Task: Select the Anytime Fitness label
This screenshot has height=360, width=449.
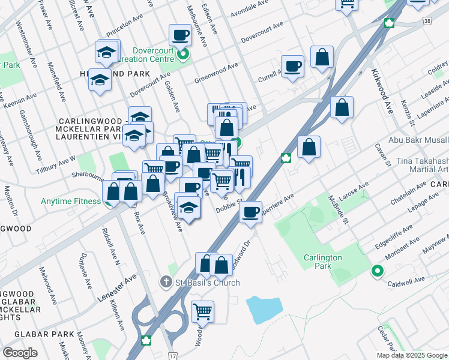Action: (70, 202)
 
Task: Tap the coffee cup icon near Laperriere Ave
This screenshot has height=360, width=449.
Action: (250, 211)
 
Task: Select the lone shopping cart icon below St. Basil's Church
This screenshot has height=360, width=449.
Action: (202, 311)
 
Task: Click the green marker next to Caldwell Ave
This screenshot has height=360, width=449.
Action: (377, 271)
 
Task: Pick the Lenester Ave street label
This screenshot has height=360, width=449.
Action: (117, 289)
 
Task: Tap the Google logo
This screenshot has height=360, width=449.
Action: (20, 353)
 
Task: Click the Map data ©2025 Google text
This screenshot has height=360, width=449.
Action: (412, 355)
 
